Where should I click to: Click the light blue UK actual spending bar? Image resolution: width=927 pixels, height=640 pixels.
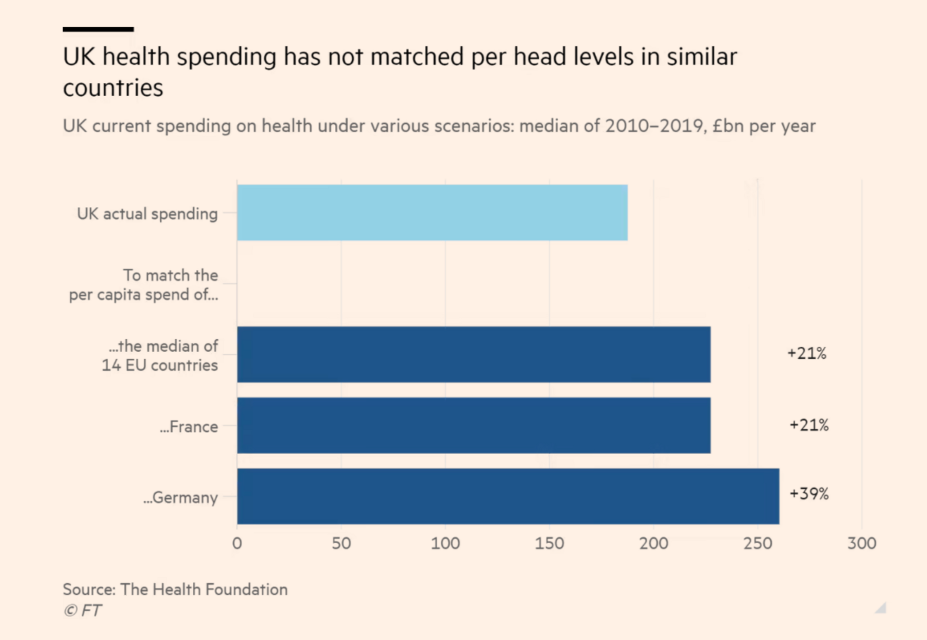(x=432, y=213)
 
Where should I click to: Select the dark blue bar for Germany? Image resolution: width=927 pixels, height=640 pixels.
(x=508, y=496)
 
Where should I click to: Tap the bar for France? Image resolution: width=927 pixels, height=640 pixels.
(x=474, y=426)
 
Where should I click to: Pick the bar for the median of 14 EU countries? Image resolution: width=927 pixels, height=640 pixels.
(x=474, y=354)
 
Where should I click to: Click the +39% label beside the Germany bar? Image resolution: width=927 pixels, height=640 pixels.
(x=809, y=494)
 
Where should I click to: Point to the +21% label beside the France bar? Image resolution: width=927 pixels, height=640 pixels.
(x=809, y=425)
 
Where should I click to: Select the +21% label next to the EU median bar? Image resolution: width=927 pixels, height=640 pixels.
(x=806, y=353)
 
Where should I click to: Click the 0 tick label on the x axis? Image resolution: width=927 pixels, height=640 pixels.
(x=237, y=544)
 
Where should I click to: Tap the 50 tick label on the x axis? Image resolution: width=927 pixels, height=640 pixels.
(x=341, y=544)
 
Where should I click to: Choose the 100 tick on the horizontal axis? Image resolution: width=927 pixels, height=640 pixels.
(x=445, y=544)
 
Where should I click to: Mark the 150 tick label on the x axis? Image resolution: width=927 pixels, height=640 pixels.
(x=549, y=544)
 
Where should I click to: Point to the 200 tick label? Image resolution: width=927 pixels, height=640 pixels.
(x=654, y=544)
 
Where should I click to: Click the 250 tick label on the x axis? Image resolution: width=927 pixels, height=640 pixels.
(x=758, y=544)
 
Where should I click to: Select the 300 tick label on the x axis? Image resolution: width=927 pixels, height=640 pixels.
(x=862, y=544)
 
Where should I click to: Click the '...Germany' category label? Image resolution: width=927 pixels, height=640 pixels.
(x=181, y=498)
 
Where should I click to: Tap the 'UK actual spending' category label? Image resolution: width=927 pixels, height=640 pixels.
(x=147, y=214)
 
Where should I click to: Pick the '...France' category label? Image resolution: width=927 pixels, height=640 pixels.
(x=189, y=427)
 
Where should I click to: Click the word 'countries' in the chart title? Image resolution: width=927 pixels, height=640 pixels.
(x=113, y=88)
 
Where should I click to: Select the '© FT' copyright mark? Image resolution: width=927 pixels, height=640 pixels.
(x=82, y=610)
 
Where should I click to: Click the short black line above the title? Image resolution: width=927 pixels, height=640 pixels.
(x=98, y=29)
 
